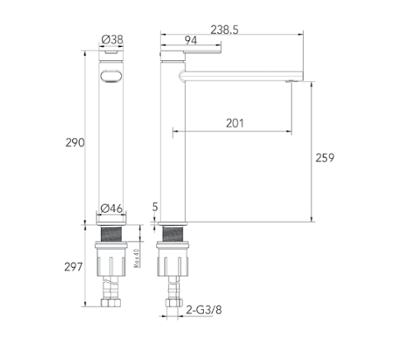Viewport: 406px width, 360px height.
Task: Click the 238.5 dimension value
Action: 224,30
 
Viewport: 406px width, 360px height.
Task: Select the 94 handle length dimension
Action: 191,40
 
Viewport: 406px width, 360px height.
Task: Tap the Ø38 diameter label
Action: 112,39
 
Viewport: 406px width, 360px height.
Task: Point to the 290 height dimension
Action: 75,143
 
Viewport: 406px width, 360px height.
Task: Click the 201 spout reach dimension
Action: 235,123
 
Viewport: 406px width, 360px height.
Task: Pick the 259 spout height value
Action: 325,158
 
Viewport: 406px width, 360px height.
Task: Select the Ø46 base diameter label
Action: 112,209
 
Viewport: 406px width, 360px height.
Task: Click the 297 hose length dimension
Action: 73,267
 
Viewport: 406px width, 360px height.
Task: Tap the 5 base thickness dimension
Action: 155,207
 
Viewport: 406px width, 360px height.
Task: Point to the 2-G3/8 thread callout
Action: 204,310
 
